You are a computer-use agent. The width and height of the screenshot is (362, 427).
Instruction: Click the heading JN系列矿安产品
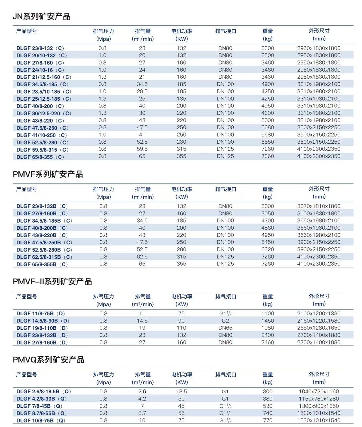pos(42,17)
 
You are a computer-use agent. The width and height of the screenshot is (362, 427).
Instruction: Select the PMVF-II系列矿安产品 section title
pos(52,282)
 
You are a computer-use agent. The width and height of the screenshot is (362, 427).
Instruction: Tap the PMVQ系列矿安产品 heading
pos(48,360)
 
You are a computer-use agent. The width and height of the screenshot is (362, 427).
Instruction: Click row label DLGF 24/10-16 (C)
pos(40,70)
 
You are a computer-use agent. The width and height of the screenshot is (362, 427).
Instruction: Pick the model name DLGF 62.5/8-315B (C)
pos(44,257)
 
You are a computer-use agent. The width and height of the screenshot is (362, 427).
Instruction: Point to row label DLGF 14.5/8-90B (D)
pos(43,321)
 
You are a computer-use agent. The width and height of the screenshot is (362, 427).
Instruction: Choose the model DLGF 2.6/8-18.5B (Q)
pos(44,392)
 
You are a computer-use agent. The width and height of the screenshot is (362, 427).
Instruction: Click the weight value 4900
pos(268,84)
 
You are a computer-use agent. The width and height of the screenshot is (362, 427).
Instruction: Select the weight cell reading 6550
pos(268,142)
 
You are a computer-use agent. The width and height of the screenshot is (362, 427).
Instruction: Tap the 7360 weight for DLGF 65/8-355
pos(268,156)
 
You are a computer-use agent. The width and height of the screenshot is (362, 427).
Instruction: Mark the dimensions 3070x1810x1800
pos(319,206)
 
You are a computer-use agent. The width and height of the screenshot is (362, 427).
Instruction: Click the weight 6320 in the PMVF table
pos(268,250)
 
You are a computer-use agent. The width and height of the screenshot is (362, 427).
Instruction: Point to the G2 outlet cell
pos(225,321)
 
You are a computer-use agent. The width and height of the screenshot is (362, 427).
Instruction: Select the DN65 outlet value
pos(225,328)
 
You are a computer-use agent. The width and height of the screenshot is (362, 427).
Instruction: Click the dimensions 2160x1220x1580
pos(319,321)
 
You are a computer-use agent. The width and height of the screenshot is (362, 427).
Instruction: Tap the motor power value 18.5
pos(181,392)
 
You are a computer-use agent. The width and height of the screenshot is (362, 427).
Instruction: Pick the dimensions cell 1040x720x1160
pos(319,392)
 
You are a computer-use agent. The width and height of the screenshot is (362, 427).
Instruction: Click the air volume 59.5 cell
pos(142,149)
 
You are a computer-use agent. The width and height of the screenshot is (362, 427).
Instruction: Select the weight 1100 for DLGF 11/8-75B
pos(268,314)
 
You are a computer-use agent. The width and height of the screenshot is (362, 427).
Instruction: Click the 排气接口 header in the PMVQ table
pos(226,375)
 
